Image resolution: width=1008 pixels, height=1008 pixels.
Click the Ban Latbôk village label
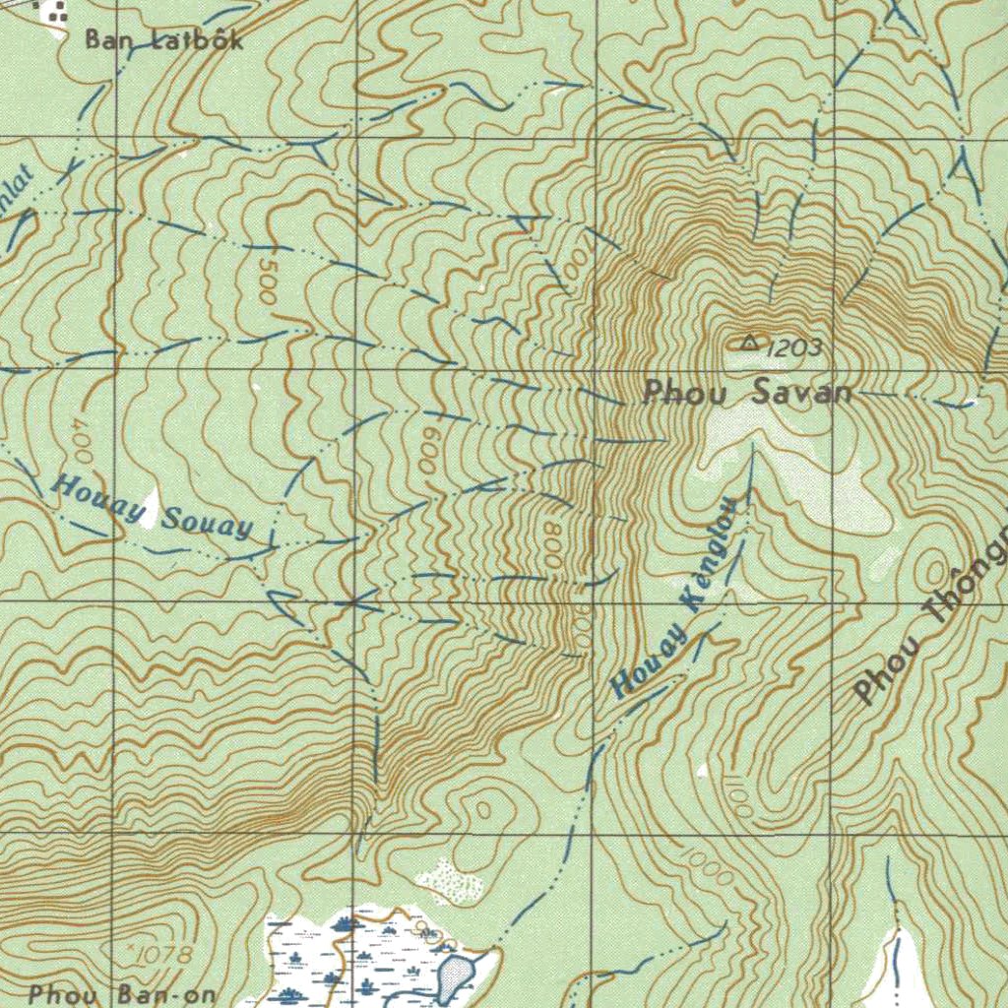[162, 40]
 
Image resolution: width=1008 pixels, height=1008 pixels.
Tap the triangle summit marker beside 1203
[749, 343]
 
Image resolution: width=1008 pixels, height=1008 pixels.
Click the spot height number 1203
[793, 346]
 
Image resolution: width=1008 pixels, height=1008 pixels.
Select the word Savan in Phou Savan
[800, 393]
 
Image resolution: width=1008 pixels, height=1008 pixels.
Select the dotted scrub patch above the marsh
[451, 880]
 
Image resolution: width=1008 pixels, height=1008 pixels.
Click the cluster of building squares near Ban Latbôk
[50, 13]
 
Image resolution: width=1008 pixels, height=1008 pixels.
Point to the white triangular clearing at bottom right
[899, 970]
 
